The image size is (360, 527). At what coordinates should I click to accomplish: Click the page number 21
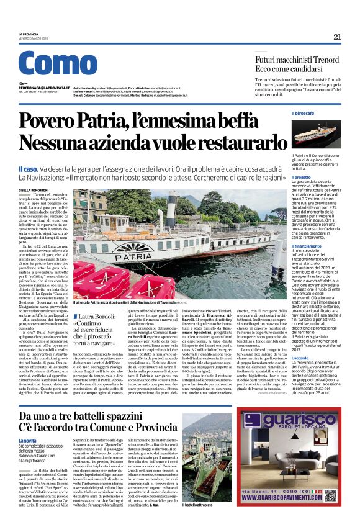[337, 37]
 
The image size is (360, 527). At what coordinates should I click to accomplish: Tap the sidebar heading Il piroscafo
[303, 113]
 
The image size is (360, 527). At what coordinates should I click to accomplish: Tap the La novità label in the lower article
[28, 440]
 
